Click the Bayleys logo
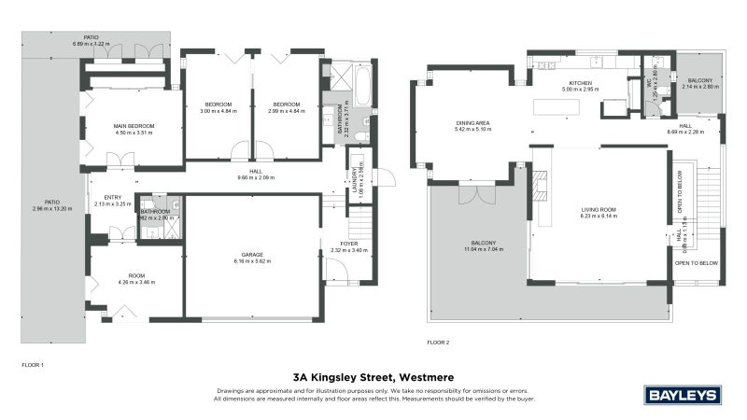tap(684, 395)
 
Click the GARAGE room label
tap(251, 255)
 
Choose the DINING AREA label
tap(473, 123)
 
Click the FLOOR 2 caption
tap(438, 343)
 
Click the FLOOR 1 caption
tap(33, 363)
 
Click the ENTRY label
tap(113, 197)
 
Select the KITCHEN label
tap(581, 84)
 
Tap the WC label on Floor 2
tap(648, 82)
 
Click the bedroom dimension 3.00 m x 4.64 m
tap(218, 111)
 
